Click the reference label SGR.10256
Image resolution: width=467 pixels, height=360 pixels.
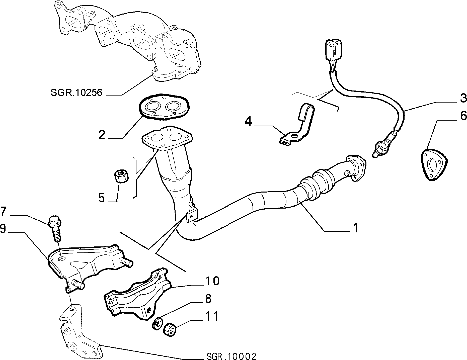click(76, 93)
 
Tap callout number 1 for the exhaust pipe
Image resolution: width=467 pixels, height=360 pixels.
click(356, 228)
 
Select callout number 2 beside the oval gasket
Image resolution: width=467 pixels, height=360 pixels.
click(102, 135)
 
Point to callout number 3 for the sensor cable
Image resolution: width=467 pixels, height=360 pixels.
click(463, 98)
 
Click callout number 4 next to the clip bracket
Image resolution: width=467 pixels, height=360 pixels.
click(248, 122)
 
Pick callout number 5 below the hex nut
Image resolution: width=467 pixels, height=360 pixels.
click(101, 198)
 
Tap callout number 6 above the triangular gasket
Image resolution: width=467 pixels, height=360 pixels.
click(463, 116)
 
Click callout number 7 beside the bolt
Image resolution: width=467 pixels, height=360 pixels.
click(4, 211)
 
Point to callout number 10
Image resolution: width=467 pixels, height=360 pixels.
click(212, 281)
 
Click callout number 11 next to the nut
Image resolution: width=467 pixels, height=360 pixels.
click(212, 316)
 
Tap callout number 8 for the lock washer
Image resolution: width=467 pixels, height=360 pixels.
click(208, 299)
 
